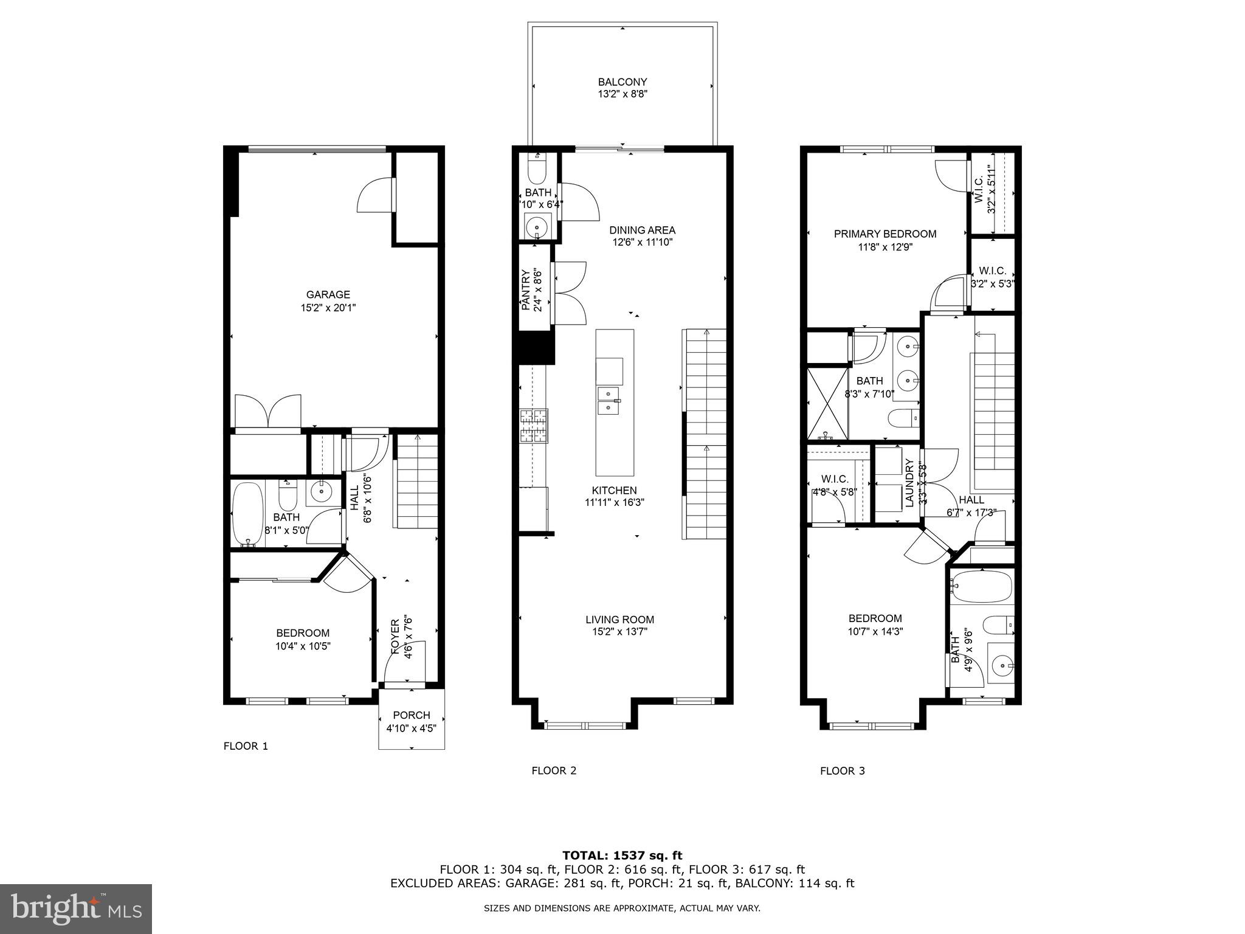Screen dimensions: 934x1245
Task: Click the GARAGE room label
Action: click(x=328, y=295)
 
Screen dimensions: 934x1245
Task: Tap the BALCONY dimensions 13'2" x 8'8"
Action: click(x=622, y=94)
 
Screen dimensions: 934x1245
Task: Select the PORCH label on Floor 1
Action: click(x=412, y=715)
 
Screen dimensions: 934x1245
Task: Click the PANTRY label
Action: click(x=526, y=291)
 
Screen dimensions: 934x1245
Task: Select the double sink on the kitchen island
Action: click(x=608, y=400)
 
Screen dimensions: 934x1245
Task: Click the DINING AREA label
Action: click(x=642, y=230)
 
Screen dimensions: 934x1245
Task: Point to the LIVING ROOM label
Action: click(x=619, y=620)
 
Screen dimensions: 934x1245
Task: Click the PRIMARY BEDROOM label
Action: click(x=885, y=233)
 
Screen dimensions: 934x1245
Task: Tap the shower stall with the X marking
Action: click(x=827, y=403)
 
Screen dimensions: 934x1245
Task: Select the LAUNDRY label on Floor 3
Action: click(x=909, y=483)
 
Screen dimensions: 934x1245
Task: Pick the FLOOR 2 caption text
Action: click(x=553, y=771)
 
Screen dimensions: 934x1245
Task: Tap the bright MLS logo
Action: click(x=76, y=908)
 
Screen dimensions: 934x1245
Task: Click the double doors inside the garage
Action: click(x=268, y=412)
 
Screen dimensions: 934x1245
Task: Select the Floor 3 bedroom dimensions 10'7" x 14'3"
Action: click(x=875, y=632)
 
